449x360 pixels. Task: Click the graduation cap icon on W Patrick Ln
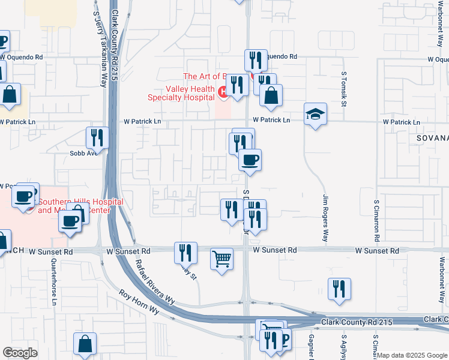(315, 114)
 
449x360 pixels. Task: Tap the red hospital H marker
(223, 92)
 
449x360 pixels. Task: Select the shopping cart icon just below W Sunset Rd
(221, 259)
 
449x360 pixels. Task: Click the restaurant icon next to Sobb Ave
(96, 137)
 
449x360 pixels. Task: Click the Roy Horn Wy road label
(139, 303)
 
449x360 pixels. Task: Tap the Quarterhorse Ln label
(53, 283)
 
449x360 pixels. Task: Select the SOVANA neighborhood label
(432, 138)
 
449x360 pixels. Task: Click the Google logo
(20, 352)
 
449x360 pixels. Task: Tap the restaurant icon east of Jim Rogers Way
(339, 289)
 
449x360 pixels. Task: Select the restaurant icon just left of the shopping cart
(185, 252)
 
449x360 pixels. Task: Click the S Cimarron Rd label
(377, 221)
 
